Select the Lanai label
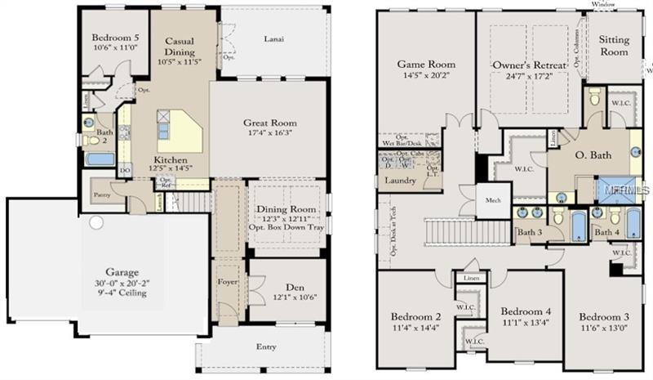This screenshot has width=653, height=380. [x=273, y=38]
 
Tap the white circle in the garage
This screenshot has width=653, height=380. [x=96, y=222]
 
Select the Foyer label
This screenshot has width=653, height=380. [x=227, y=285]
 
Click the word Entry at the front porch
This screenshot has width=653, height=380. [x=266, y=347]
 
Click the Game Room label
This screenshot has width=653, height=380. [x=426, y=65]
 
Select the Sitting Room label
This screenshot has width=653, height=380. [x=614, y=46]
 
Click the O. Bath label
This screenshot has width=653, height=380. [x=593, y=155]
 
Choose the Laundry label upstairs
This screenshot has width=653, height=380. [x=400, y=180]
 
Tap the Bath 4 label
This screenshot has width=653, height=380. [x=606, y=233]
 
